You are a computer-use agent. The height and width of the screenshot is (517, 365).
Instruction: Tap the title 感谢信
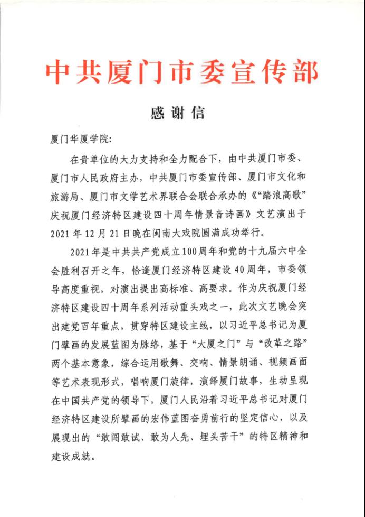(182, 113)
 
